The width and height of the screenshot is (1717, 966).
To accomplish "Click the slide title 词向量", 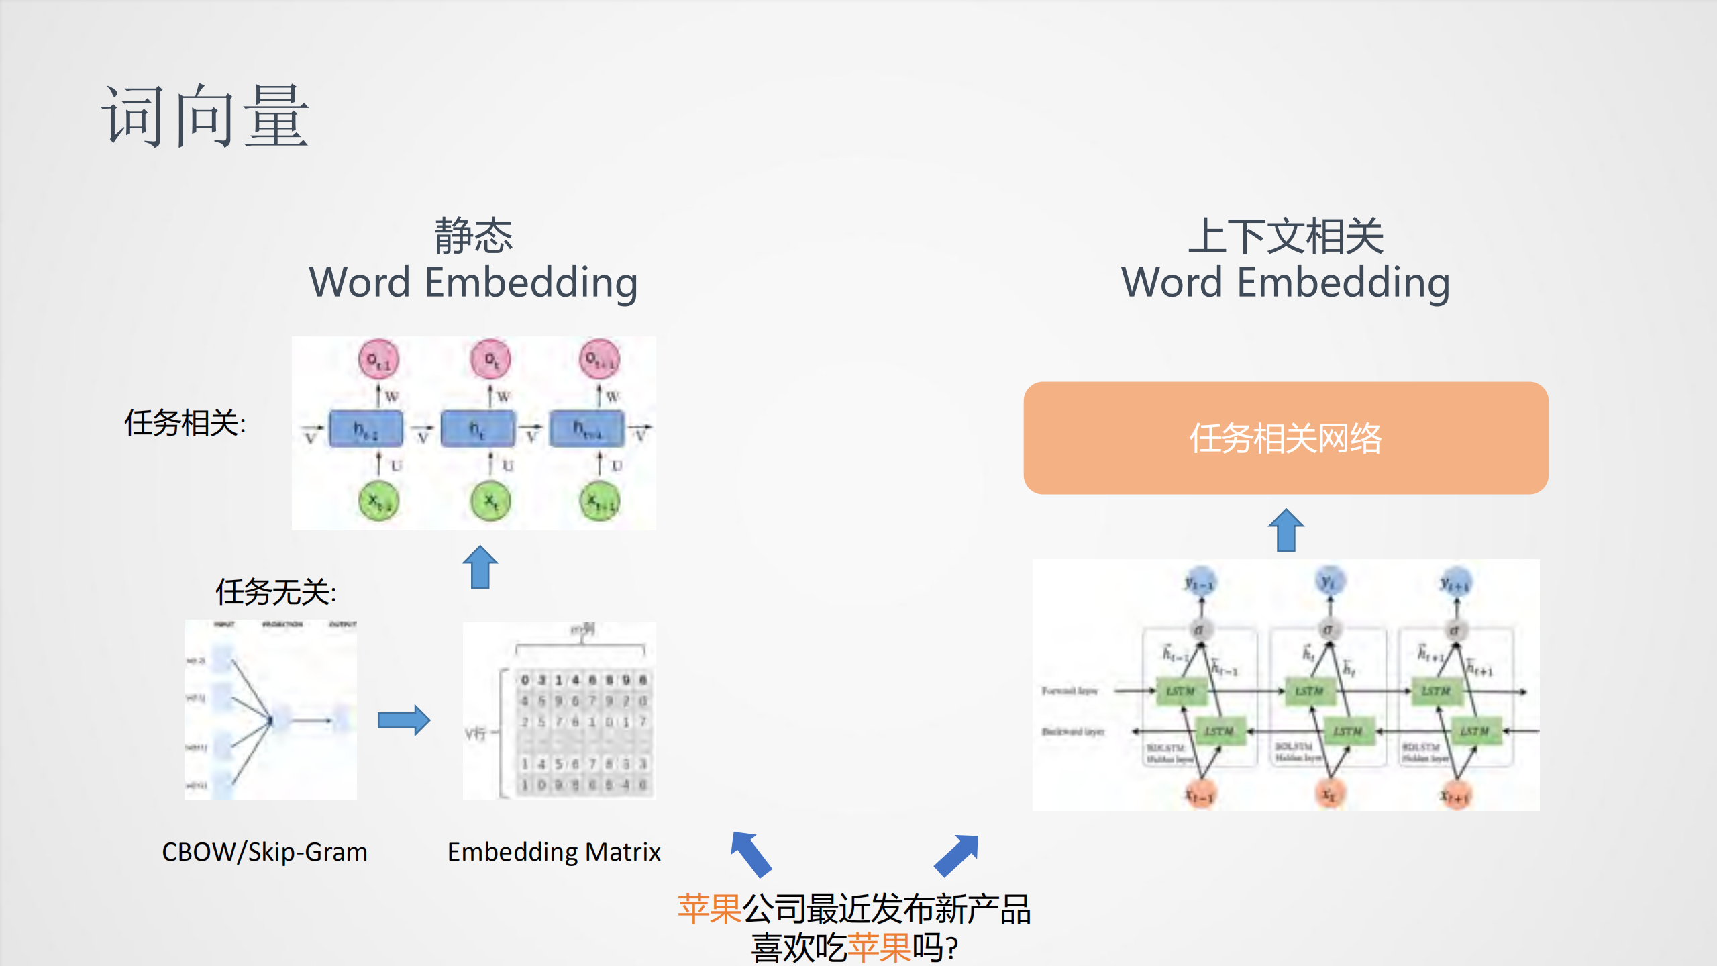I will [205, 115].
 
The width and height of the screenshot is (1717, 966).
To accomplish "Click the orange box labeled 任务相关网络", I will [1285, 438].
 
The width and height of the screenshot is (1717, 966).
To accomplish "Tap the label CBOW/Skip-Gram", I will [264, 851].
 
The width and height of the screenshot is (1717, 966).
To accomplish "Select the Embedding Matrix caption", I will [554, 851].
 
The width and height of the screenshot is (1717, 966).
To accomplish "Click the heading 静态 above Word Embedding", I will [473, 236].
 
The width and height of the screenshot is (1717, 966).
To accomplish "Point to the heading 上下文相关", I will [1285, 236].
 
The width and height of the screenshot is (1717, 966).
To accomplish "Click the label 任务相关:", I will [185, 423].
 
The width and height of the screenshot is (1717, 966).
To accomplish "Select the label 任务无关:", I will [275, 592].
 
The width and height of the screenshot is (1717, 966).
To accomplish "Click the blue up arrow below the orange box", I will [1286, 530].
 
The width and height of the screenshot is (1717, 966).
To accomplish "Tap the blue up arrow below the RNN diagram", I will [480, 567].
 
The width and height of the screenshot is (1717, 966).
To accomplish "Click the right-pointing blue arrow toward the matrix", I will [403, 720].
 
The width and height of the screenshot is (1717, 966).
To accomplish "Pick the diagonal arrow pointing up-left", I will [751, 854].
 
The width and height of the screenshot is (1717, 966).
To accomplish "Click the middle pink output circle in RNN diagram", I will [490, 360].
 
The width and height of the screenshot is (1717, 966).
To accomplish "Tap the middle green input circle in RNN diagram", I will [490, 501].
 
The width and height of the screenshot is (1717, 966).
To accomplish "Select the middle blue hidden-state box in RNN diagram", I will [477, 429].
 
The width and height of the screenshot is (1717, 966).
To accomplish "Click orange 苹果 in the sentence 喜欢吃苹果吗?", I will [878, 947].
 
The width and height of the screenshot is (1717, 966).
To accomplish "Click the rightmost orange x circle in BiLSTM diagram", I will [1455, 795].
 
